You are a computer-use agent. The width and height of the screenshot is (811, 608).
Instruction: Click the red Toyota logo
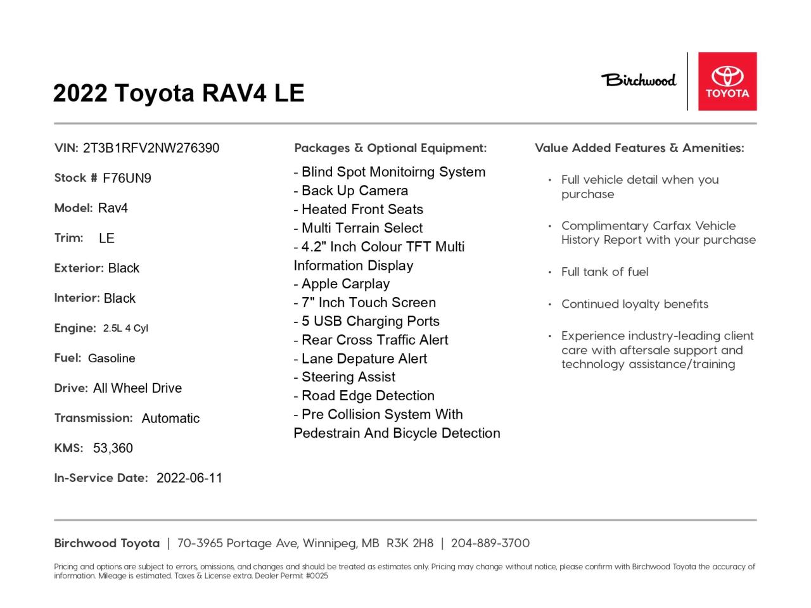pos(727,81)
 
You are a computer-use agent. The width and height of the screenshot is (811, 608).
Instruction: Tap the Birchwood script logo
pos(639,80)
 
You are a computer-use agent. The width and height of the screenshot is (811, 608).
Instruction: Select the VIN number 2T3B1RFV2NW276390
pos(151,148)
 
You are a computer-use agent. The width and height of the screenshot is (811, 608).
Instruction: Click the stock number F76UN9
pos(127,178)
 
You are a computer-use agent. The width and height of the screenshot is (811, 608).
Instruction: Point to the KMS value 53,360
pos(113,448)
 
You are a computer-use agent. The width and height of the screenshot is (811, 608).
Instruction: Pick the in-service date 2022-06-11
pos(189,478)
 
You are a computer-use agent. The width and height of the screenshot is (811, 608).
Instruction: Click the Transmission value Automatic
pos(170,418)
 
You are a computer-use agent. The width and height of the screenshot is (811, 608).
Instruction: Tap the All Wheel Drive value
pos(137,388)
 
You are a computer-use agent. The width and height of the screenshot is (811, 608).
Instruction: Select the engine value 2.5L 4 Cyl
pos(125,328)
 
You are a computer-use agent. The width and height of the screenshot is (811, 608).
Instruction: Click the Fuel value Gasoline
pos(112,358)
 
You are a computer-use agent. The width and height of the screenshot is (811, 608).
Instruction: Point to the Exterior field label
pos(79,268)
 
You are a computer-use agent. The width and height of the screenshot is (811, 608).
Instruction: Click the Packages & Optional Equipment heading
pos(390,148)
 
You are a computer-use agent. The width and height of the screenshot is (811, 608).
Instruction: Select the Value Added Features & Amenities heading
pos(639,148)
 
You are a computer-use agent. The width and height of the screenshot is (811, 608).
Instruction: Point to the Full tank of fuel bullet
pos(604,272)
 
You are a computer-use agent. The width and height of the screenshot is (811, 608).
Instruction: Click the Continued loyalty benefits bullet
pos(634,304)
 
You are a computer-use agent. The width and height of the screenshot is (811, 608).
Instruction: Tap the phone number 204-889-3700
pos(490,543)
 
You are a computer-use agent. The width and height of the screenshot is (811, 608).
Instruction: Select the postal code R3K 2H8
pos(410,543)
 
